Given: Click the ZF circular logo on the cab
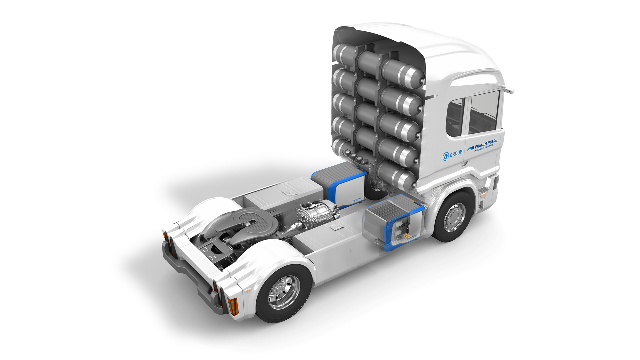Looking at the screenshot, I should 446,156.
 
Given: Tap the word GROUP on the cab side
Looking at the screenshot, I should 456,154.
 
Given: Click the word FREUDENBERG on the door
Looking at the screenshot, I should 486,144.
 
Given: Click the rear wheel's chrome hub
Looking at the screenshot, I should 284,292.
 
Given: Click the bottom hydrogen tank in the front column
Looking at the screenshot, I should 397,175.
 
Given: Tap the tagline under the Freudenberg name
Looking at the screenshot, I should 483,149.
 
